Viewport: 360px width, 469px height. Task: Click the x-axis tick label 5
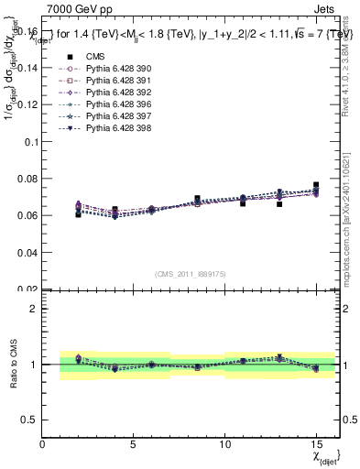[134, 444]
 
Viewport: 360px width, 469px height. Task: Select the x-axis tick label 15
[315, 444]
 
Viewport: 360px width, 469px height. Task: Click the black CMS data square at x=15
[316, 185]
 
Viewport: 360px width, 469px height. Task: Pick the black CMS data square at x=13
[279, 204]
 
